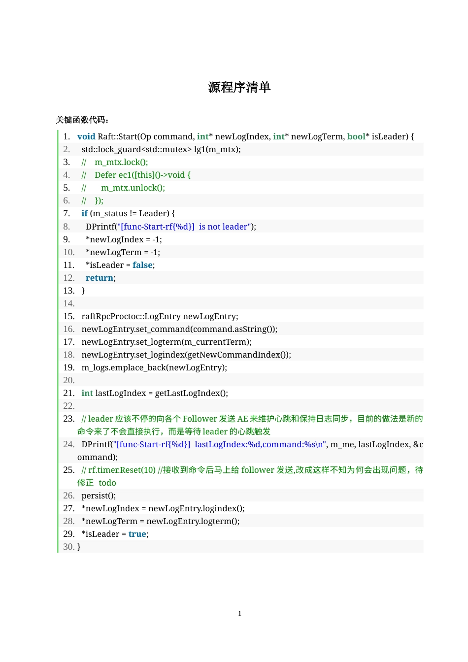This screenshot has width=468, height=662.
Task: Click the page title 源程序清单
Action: [239, 88]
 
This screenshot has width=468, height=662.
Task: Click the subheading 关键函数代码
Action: [82, 120]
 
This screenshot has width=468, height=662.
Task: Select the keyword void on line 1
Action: [86, 136]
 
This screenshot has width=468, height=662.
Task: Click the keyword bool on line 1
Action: [356, 136]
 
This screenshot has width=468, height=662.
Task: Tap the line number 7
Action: [67, 213]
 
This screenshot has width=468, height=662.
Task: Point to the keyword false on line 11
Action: [142, 265]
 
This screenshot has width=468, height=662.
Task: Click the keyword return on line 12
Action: [100, 278]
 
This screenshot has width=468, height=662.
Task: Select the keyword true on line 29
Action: [137, 534]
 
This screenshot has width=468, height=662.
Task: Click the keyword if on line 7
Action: [84, 213]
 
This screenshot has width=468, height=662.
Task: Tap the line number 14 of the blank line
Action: [69, 303]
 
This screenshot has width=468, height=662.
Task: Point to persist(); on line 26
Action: [99, 496]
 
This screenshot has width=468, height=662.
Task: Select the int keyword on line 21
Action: [87, 393]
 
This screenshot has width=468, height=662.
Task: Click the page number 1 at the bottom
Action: [240, 614]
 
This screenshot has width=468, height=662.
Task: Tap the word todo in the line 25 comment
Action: [107, 483]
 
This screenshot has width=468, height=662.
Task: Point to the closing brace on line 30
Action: [79, 547]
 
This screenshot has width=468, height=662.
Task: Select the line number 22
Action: [69, 406]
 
